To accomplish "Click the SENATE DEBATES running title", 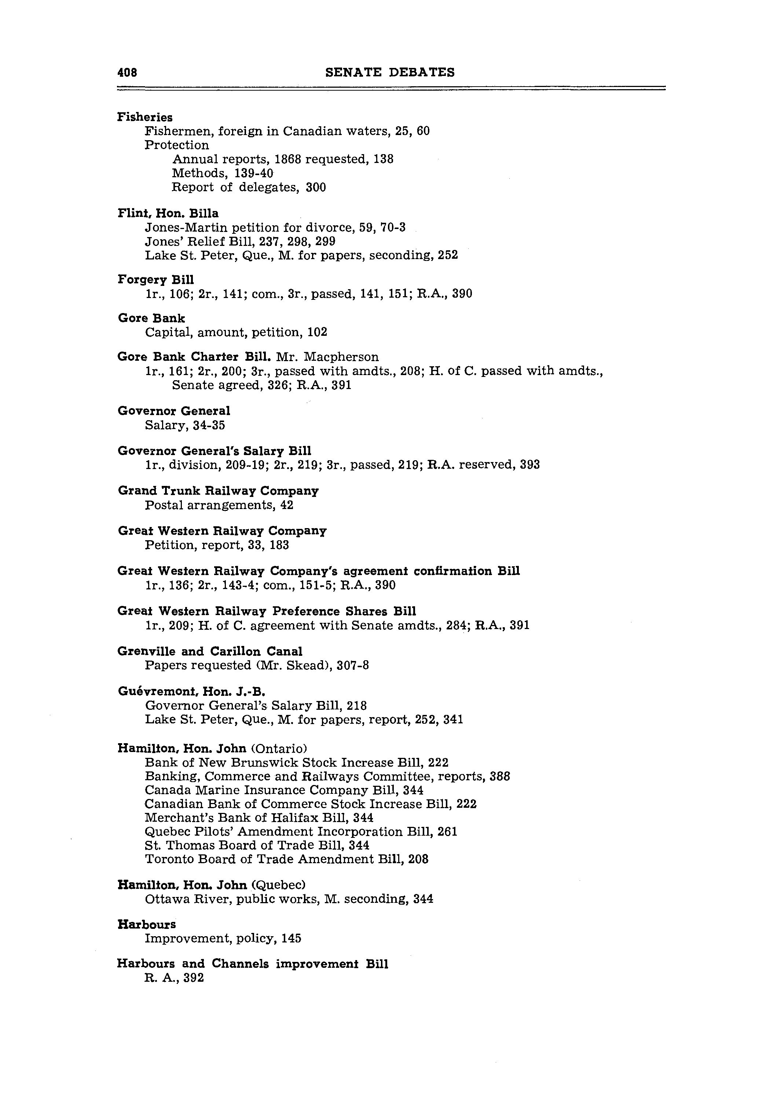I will pos(389,72).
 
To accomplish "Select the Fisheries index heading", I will pos(145,117).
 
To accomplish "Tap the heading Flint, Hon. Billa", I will pos(168,213).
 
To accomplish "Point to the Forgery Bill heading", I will pos(156,280).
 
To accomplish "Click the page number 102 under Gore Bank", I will pos(317,332).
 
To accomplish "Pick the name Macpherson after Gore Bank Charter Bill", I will pos(341,357).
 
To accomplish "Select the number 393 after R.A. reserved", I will pos(529,465).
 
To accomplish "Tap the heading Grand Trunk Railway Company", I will pos(218,491).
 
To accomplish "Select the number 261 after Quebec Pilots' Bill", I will pos(447,832).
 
